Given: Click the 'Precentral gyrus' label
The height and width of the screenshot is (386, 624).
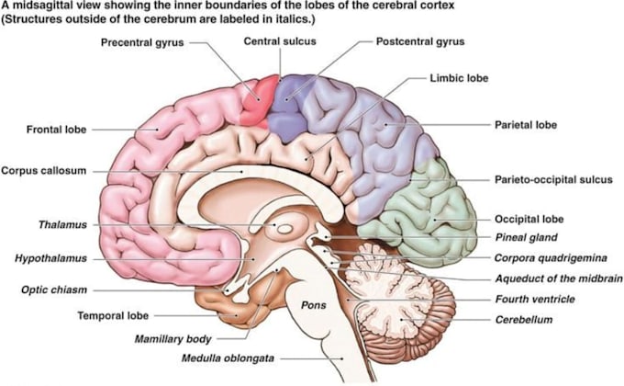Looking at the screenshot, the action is click(x=142, y=42).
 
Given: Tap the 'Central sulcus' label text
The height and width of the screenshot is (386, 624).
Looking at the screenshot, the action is click(x=280, y=41).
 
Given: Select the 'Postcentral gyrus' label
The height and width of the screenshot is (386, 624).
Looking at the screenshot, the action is click(x=420, y=41).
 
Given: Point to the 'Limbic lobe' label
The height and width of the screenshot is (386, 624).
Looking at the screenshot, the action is click(x=459, y=78).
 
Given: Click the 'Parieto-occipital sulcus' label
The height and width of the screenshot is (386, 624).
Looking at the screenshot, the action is click(x=553, y=179).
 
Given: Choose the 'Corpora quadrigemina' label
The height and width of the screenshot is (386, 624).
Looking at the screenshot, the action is click(x=551, y=258).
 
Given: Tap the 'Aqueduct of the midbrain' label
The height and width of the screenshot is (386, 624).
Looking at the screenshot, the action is click(x=559, y=278).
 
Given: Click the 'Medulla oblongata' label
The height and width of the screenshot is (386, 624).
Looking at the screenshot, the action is click(x=228, y=358).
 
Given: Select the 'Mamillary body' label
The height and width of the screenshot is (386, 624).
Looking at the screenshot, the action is click(x=173, y=339).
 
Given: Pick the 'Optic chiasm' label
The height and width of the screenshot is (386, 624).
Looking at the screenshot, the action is click(x=54, y=289).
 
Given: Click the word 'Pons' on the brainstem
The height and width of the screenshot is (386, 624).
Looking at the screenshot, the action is click(x=314, y=305).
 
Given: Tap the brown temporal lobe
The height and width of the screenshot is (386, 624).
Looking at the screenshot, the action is click(x=235, y=309).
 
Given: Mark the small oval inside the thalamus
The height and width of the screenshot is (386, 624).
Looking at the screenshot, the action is click(x=285, y=229).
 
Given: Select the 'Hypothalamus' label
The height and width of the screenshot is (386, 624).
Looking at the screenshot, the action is click(x=50, y=258).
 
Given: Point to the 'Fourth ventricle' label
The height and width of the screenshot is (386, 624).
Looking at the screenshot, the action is click(x=535, y=299).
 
